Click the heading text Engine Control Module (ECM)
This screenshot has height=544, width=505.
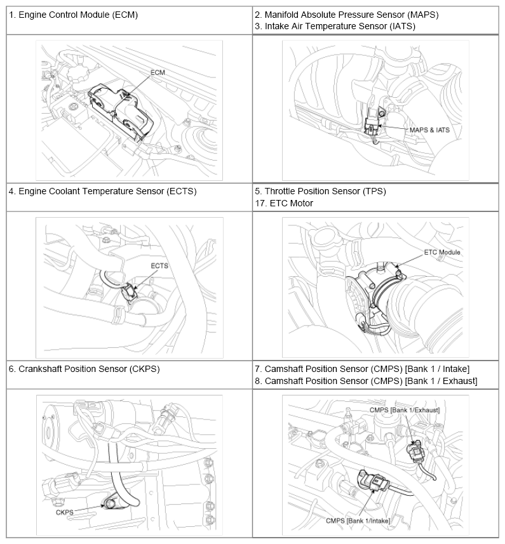(73, 14)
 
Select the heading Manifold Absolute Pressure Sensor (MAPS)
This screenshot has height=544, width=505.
(346, 14)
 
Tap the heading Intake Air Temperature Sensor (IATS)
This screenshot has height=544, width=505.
(337, 26)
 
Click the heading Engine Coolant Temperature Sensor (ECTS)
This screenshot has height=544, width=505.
(102, 190)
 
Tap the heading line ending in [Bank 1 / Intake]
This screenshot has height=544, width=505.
(361, 368)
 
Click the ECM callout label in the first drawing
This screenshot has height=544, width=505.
(158, 73)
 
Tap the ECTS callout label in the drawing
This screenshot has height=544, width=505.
(159, 265)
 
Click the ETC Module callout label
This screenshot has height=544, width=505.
(442, 252)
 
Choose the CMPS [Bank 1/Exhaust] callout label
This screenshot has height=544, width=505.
(404, 410)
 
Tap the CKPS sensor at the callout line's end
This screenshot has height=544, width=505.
(112, 504)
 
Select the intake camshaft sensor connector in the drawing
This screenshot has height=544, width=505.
(374, 485)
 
